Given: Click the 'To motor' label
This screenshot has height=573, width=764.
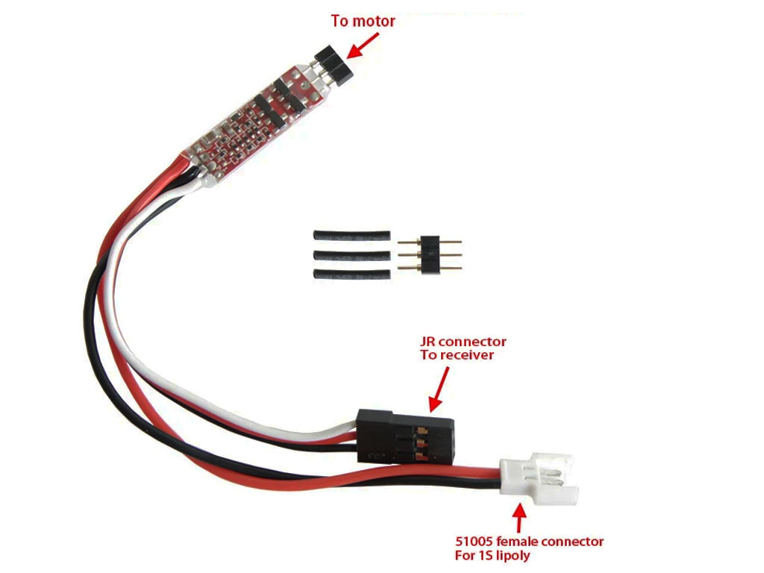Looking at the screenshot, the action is [x=363, y=21].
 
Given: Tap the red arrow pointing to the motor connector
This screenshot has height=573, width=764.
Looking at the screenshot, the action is [x=363, y=46].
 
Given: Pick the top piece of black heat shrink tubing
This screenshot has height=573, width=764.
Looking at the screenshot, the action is [x=351, y=236].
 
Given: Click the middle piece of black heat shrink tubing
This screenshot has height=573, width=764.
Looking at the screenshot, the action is [x=351, y=255].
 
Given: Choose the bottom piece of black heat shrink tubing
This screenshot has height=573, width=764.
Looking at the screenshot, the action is [x=351, y=274].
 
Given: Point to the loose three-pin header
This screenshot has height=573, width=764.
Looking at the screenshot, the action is [x=429, y=254].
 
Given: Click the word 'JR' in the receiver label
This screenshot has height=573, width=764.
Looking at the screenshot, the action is [x=428, y=342].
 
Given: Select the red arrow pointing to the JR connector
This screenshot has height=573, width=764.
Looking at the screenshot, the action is [x=439, y=389].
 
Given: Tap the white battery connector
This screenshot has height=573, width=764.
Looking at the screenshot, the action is [x=539, y=479].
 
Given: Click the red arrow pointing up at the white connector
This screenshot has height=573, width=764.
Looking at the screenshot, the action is [x=520, y=519].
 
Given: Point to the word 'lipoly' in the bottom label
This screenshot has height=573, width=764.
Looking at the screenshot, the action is [x=513, y=555].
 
